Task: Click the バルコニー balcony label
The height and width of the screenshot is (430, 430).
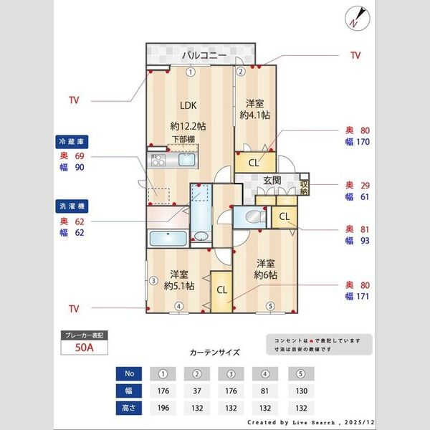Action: click(x=204, y=54)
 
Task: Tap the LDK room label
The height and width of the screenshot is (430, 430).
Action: click(x=178, y=103)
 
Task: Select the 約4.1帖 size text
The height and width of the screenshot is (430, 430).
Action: click(x=254, y=115)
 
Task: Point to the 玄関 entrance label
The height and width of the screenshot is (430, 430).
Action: click(x=271, y=180)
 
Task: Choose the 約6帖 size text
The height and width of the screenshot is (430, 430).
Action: click(x=265, y=274)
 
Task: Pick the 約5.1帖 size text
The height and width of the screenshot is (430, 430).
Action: click(x=178, y=285)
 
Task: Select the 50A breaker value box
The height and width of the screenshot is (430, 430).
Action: click(x=85, y=348)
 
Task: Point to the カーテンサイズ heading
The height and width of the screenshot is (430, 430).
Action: click(x=214, y=353)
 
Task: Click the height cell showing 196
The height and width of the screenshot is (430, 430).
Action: click(x=163, y=408)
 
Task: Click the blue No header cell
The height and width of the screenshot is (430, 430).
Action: click(x=129, y=374)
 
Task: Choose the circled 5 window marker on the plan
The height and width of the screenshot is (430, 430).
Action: click(x=270, y=307)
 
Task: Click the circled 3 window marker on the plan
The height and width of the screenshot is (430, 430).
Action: click(x=153, y=281)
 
